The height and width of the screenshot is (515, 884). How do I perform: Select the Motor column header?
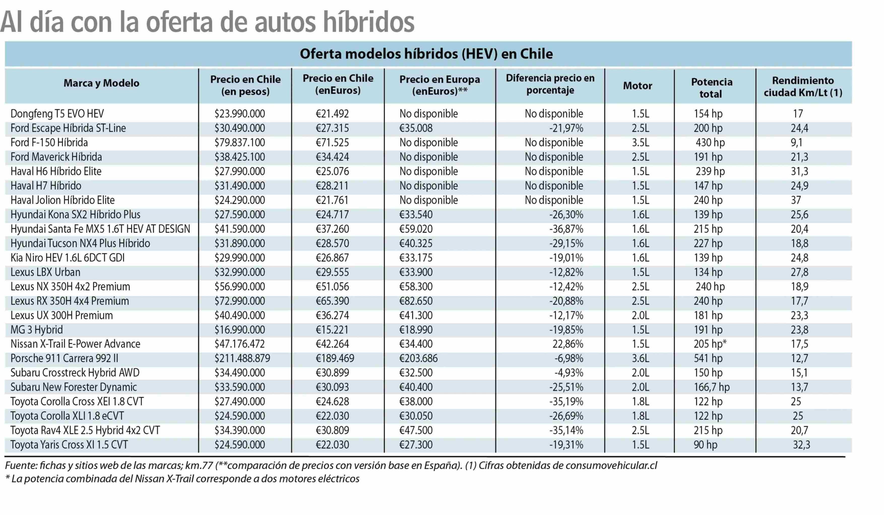pos(637,86)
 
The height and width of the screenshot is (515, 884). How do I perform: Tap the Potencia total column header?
pos(712,88)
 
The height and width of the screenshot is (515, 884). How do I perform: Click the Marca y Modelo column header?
pos(101,83)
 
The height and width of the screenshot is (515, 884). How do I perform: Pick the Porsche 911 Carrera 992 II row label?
pos(64,358)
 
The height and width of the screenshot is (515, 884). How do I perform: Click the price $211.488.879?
pos(242,358)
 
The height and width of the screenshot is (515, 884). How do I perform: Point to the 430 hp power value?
pos(710,142)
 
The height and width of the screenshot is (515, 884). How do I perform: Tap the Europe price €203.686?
pos(419,358)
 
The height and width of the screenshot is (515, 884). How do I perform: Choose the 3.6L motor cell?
pos(641,358)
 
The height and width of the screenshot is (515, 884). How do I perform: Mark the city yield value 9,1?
pos(797,142)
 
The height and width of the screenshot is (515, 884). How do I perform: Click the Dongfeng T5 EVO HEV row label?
pos(57,114)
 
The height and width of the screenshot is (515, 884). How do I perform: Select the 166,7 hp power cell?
pos(712,387)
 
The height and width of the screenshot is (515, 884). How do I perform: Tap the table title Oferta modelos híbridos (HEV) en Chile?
pos(426,54)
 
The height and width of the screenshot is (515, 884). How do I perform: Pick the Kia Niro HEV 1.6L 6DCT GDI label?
pos(67,258)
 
